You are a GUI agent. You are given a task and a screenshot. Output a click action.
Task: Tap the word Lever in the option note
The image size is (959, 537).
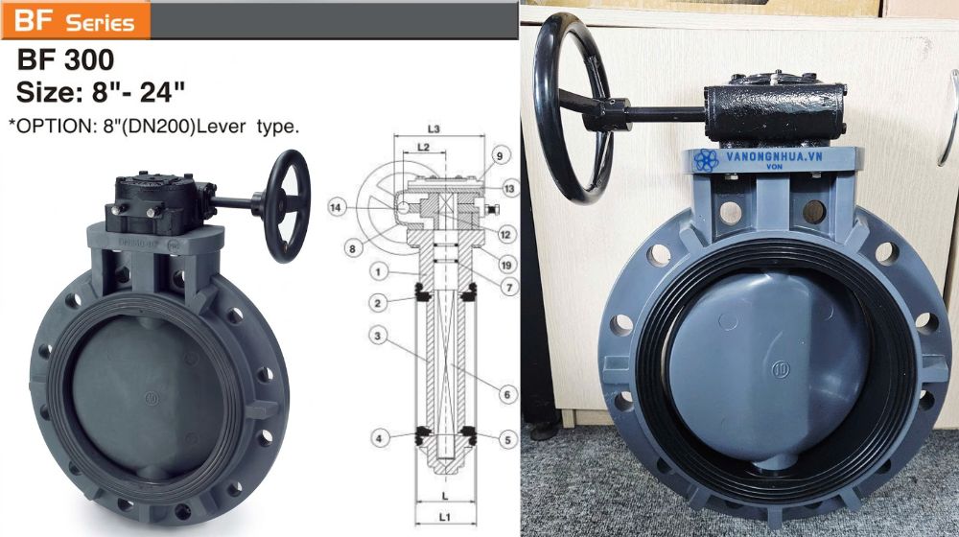tap(228, 126)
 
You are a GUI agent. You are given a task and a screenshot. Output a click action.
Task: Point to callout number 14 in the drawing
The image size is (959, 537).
tap(336, 206)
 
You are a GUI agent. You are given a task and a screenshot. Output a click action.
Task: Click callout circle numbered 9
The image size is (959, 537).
tap(500, 154)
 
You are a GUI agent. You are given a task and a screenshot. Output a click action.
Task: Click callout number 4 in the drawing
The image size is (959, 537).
tap(380, 438)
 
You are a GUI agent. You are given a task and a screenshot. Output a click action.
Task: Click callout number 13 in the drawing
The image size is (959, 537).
tap(509, 188)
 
